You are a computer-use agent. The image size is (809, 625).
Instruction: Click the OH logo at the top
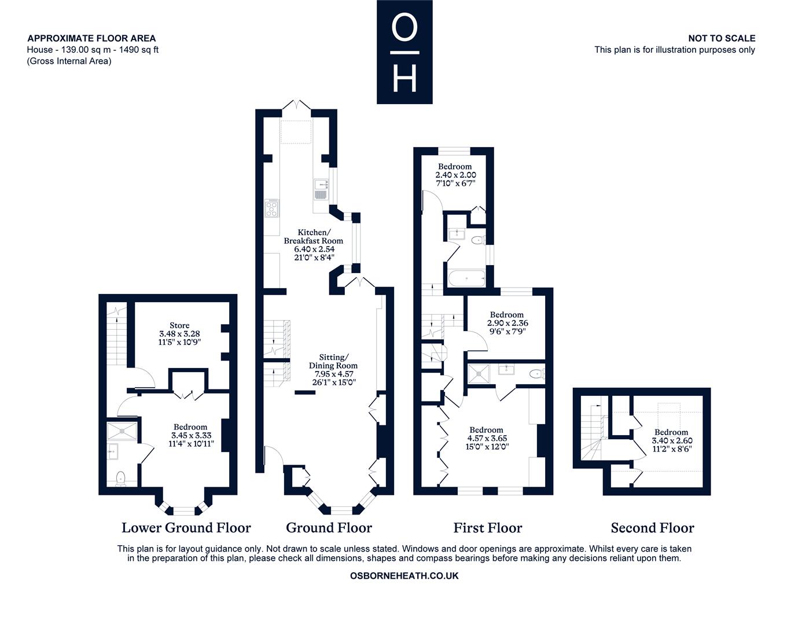point(404,52)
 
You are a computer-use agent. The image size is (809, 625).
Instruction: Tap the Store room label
point(179,325)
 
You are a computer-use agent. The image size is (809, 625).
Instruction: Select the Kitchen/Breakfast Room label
point(314,236)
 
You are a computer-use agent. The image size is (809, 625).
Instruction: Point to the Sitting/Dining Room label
point(333,361)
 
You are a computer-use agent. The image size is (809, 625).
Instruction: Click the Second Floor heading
point(652,528)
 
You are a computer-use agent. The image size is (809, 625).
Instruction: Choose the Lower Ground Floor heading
point(186,528)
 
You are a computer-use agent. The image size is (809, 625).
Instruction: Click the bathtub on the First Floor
point(467,278)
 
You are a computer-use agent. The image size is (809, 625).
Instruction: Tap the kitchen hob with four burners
point(271,208)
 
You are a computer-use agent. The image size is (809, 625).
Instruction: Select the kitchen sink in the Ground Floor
point(321,189)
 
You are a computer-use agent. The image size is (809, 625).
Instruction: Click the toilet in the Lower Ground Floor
point(120,479)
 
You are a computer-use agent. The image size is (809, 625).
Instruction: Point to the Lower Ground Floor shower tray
point(122,431)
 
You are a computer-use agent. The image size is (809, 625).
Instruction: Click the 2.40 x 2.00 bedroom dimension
point(455,175)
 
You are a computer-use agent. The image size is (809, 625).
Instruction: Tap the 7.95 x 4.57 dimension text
point(334,374)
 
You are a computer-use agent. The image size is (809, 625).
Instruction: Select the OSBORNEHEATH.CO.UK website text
point(404,576)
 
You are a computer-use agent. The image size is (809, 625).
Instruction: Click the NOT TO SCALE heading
point(722,38)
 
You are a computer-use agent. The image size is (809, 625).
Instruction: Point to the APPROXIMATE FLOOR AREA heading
point(91,38)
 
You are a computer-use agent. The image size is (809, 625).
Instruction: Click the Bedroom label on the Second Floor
point(671,432)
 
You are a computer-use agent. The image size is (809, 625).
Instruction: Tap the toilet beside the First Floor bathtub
point(479,241)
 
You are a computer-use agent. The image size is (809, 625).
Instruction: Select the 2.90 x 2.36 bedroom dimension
point(508,323)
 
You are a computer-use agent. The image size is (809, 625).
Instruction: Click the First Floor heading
point(488,528)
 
